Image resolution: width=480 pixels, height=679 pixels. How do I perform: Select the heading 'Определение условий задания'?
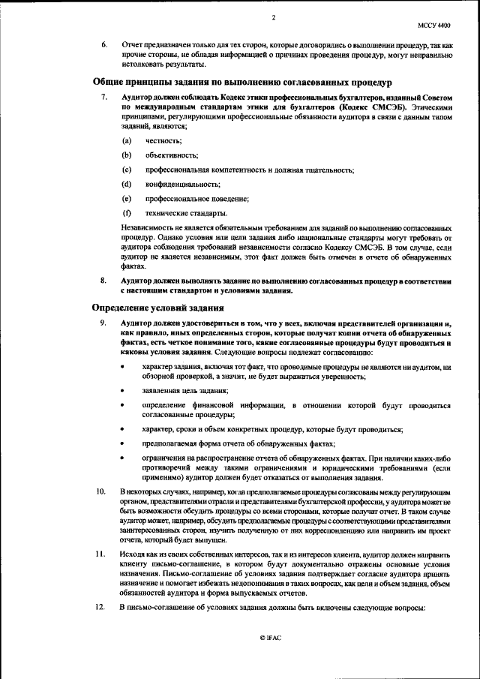point(157,308)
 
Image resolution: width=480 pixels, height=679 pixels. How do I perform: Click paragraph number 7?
point(104,98)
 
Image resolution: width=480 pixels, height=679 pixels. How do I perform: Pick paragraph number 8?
point(104,281)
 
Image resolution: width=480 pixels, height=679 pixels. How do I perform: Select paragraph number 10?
point(99,491)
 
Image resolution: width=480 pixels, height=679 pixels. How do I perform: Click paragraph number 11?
point(99,554)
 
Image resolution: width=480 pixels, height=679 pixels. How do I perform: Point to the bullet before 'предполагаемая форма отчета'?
point(123,443)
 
